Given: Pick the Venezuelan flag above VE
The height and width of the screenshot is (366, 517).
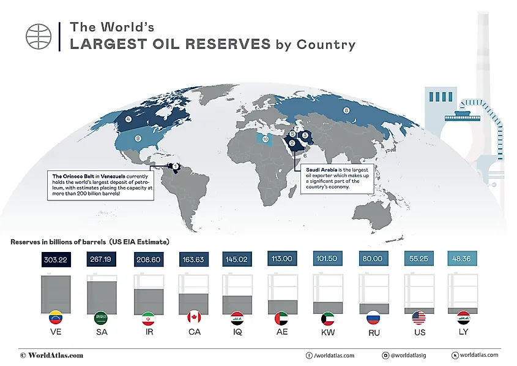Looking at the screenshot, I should (x=56, y=319).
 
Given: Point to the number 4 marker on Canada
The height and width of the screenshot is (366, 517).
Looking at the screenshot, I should (x=128, y=119).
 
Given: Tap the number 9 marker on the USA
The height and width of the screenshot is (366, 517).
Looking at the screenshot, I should (x=138, y=139).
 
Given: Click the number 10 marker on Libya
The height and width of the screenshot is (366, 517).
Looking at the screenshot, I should (x=265, y=140).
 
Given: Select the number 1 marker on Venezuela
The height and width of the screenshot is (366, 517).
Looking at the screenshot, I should (x=176, y=166).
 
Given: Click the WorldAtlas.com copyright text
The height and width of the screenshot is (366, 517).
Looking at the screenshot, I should (x=52, y=355).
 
